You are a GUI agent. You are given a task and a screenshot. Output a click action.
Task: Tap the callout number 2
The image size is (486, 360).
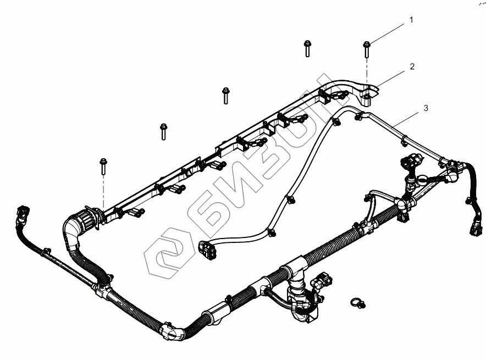[x=412, y=67]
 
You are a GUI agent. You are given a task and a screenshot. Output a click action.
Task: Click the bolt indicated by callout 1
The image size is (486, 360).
[x=366, y=50]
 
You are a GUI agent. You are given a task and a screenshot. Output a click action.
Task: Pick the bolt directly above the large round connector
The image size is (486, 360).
[x=103, y=166]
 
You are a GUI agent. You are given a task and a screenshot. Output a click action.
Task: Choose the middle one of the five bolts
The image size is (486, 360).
[x=225, y=95]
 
